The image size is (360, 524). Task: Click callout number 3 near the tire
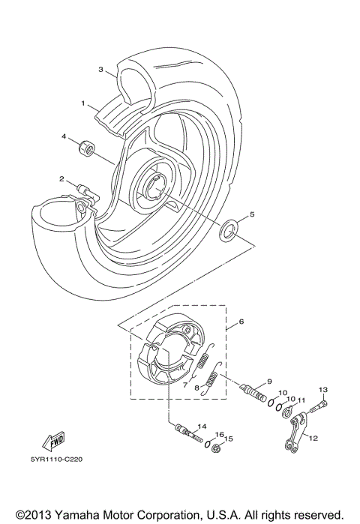[x=100, y=70]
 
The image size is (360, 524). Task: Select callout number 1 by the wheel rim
[x=85, y=103]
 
